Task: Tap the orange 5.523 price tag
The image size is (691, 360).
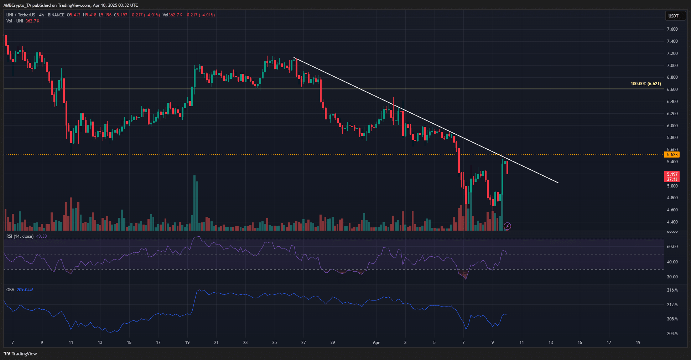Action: [x=672, y=154]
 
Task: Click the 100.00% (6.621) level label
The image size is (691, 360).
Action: [x=645, y=84]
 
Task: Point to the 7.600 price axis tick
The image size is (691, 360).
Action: [x=672, y=29]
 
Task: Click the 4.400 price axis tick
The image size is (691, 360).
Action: [x=672, y=222]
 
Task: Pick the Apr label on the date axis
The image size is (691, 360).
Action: [x=376, y=343]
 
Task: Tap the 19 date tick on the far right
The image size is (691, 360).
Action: [x=638, y=343]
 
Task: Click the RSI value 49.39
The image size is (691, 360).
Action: [x=41, y=236]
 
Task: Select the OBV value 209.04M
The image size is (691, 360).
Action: [x=25, y=290]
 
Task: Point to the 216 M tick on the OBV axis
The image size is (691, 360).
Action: [x=672, y=290]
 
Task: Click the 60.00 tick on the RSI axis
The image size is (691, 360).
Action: [x=672, y=247]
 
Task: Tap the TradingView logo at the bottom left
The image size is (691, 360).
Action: [x=20, y=354]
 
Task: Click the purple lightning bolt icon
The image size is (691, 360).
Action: [x=508, y=226]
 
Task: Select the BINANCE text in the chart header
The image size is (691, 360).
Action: [x=56, y=15]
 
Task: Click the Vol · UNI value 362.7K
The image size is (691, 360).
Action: [x=32, y=21]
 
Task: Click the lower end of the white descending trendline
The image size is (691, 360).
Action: [x=558, y=183]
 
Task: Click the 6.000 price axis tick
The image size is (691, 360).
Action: [x=672, y=126]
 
